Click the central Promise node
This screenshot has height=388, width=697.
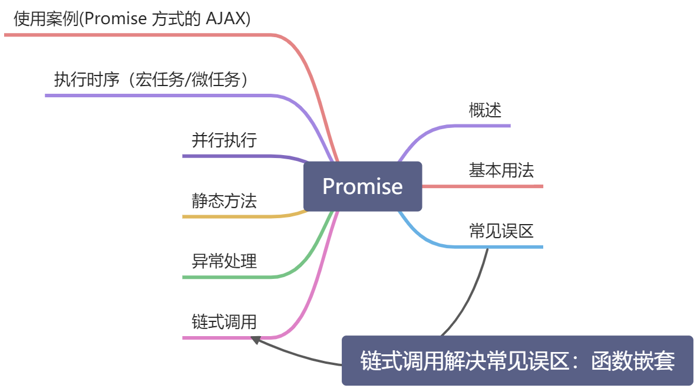pyautogui.click(x=362, y=186)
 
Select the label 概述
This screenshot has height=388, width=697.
pyautogui.click(x=485, y=110)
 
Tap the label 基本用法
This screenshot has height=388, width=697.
pyautogui.click(x=501, y=171)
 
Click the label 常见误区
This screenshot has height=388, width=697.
pyautogui.click(x=501, y=231)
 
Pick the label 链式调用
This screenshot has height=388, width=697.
pyautogui.click(x=224, y=322)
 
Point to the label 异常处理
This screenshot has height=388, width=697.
pyautogui.click(x=224, y=261)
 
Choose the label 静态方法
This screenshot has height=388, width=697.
pyautogui.click(x=224, y=201)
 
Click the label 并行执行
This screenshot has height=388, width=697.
pyautogui.click(x=224, y=140)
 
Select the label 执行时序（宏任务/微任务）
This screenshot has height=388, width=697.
pyautogui.click(x=151, y=80)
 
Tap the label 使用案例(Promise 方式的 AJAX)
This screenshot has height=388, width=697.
pyautogui.click(x=132, y=19)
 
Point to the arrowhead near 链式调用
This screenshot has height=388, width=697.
pyautogui.click(x=256, y=339)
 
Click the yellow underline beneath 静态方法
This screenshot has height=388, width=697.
pyautogui.click(x=236, y=217)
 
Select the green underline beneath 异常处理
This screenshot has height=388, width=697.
pyautogui.click(x=236, y=277)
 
